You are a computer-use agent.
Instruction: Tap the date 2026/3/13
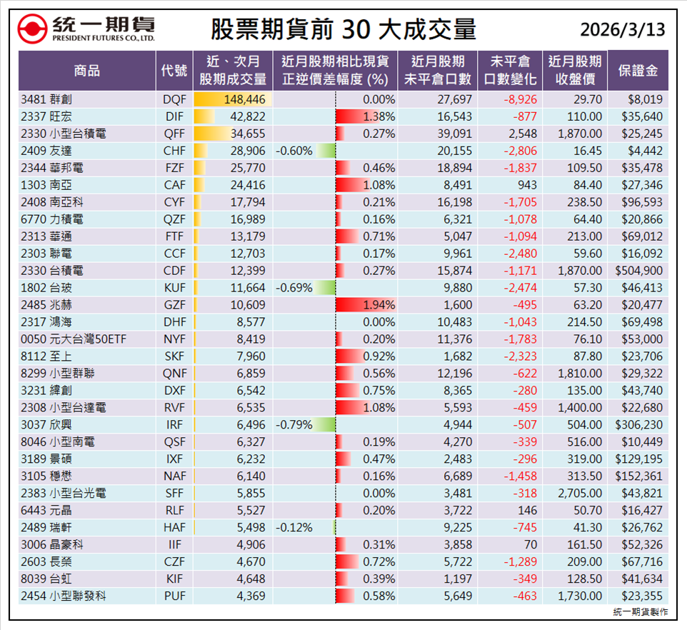tap(622, 29)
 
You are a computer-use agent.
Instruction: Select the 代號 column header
tap(174, 70)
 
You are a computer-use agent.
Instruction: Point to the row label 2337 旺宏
tap(46, 116)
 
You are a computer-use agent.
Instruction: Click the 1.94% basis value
tap(379, 305)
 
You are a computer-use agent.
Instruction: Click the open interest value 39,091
tap(454, 134)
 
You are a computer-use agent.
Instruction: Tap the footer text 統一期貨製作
tap(641, 612)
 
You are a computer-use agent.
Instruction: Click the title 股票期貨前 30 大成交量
tap(343, 29)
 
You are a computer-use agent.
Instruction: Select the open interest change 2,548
tap(521, 134)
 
